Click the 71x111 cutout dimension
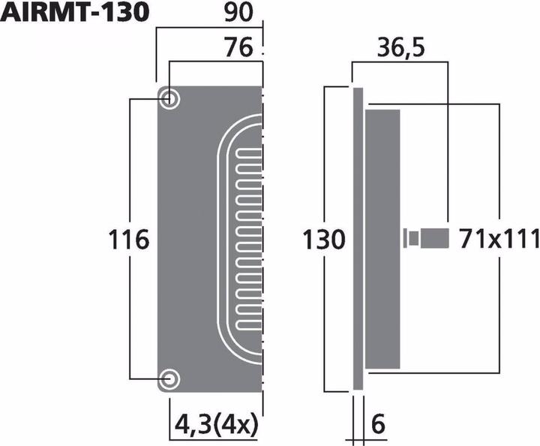click(499, 240)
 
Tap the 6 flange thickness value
click(378, 425)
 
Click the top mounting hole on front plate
click(169, 98)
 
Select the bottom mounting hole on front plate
click(169, 379)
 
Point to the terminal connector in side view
click(427, 240)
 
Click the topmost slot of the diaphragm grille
click(250, 154)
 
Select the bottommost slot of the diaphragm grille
click(250, 325)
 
